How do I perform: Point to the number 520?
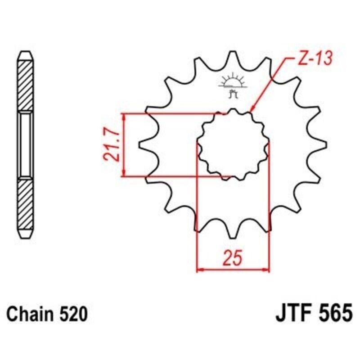[x=72, y=314]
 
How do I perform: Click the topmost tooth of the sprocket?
[x=233, y=56]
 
